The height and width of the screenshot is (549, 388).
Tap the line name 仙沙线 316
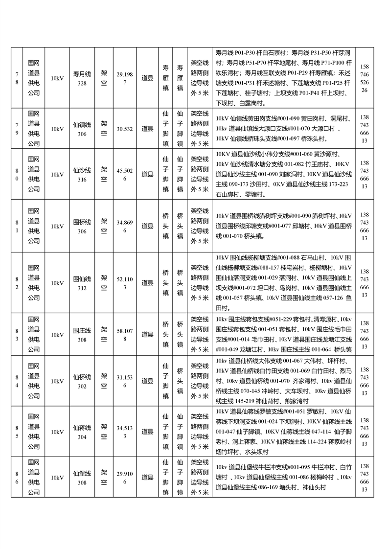(x=82, y=175)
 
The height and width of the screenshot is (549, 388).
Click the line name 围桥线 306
(x=82, y=227)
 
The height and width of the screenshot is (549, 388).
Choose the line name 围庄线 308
(x=82, y=335)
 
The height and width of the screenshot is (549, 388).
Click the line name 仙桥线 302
(x=82, y=381)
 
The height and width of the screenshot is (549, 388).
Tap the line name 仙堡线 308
(x=82, y=478)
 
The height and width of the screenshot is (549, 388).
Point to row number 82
(x=17, y=283)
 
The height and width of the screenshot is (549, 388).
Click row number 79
(x=17, y=129)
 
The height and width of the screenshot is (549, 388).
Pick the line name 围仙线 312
(x=82, y=283)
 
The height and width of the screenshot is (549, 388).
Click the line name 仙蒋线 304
(x=82, y=432)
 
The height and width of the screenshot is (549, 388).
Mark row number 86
(x=17, y=478)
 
